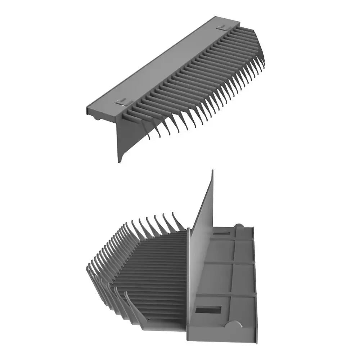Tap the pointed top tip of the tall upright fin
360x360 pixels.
click(212, 172)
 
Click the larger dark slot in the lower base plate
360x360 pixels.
click(209, 310)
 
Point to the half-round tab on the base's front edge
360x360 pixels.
click(234, 326)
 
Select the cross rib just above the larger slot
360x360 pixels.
click(227, 295)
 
